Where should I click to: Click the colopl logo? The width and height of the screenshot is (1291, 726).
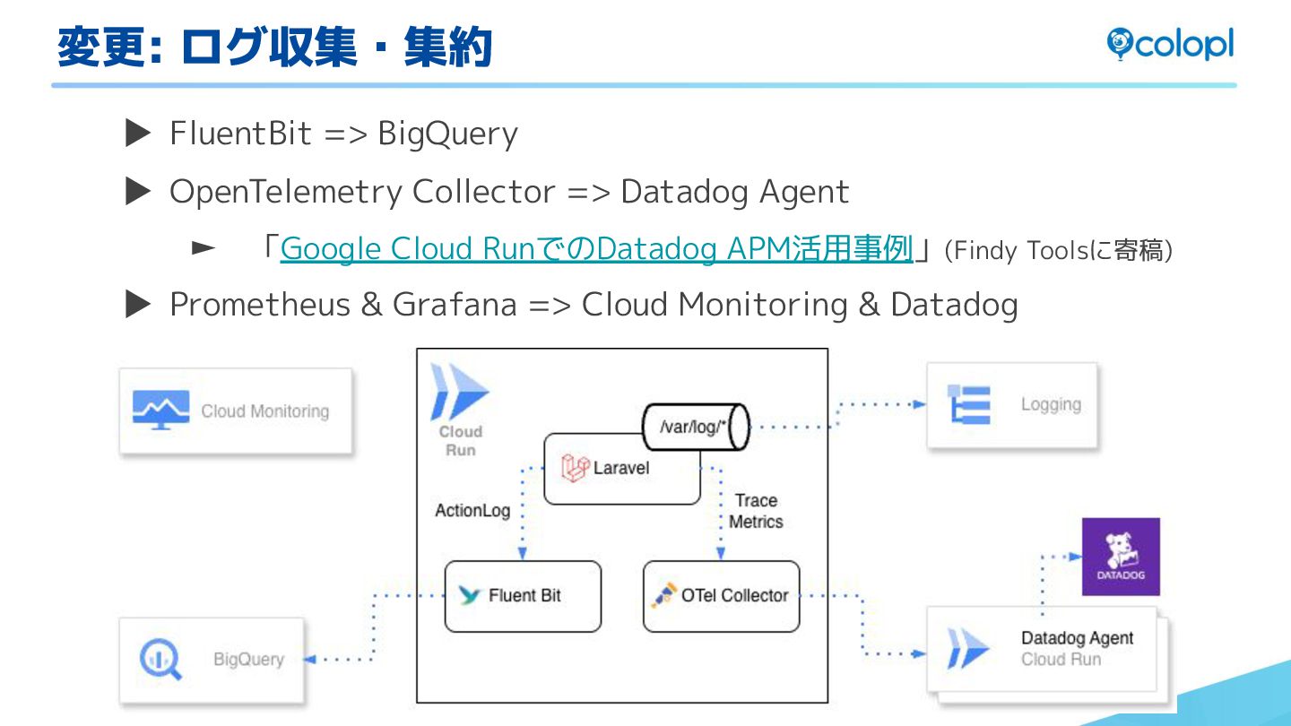[1169, 44]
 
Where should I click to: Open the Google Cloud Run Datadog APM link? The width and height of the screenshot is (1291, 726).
[596, 249]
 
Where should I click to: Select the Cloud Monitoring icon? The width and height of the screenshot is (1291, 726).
[160, 411]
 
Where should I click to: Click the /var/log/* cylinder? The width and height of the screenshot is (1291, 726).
[696, 428]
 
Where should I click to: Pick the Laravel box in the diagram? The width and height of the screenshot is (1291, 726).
[621, 469]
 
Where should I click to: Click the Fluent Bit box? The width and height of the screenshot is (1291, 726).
[523, 596]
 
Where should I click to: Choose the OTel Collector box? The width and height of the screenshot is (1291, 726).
[721, 596]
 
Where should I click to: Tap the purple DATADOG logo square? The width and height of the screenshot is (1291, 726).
[1120, 557]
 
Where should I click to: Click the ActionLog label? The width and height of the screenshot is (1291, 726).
[472, 511]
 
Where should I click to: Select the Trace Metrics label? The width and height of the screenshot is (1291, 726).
[756, 511]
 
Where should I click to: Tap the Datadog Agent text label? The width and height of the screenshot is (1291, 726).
[1077, 638]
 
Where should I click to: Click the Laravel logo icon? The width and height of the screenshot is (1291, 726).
[575, 468]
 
